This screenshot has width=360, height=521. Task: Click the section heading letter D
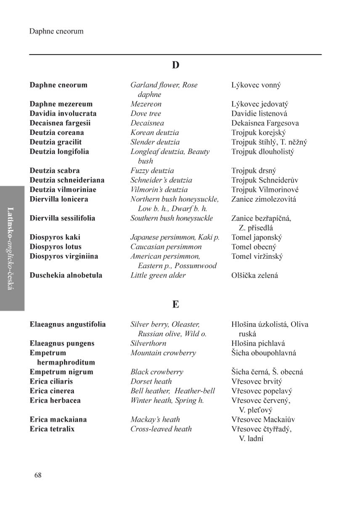click(x=175, y=65)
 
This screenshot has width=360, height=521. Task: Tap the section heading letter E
click(x=175, y=304)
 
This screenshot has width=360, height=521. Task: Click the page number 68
click(x=38, y=475)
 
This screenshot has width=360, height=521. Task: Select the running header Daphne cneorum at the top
click(x=56, y=32)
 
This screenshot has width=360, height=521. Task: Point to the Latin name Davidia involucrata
click(x=63, y=113)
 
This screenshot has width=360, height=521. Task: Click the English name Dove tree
click(x=146, y=113)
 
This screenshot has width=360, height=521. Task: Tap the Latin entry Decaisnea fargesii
click(x=60, y=123)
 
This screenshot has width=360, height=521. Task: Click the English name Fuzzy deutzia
click(x=152, y=171)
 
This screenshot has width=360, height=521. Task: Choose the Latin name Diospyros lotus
click(x=56, y=247)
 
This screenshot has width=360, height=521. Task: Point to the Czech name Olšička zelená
click(x=254, y=276)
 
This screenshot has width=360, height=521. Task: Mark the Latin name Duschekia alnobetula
click(x=66, y=276)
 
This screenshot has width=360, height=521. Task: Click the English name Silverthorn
click(x=148, y=343)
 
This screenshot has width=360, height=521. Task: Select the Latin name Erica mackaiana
click(x=58, y=419)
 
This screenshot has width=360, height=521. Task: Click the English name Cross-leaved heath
click(x=161, y=429)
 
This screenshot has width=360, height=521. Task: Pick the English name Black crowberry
click(x=157, y=372)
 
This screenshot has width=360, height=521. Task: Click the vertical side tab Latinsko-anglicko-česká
click(x=12, y=248)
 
